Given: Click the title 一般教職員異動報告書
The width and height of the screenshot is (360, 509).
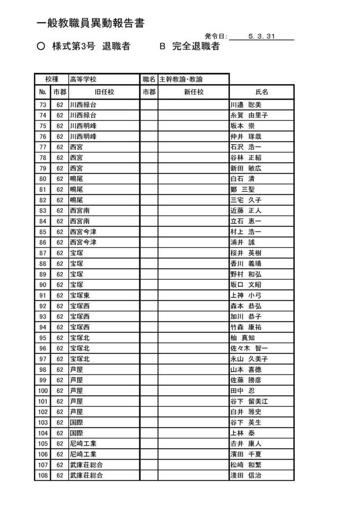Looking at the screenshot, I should [91, 24].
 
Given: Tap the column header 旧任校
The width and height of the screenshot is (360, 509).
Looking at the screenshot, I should [104, 92].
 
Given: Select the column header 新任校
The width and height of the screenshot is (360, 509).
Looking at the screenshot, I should [193, 92].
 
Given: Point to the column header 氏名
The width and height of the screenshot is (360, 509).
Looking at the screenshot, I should [262, 92].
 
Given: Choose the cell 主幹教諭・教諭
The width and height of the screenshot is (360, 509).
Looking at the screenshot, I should [181, 79].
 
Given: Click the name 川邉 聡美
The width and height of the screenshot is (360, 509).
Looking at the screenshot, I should [246, 104].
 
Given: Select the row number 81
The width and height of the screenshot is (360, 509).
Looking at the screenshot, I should [43, 189].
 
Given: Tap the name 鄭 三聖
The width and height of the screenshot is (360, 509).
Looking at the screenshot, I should [243, 189].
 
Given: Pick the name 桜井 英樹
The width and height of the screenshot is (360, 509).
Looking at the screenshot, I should [246, 253].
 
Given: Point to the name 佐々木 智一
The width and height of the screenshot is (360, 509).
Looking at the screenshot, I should [249, 348].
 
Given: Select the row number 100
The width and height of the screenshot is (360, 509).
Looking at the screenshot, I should [43, 390].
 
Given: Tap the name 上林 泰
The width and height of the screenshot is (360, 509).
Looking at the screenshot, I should [242, 433].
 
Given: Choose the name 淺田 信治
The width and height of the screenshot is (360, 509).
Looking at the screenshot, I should [246, 475].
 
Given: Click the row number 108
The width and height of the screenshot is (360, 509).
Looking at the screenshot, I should [43, 475].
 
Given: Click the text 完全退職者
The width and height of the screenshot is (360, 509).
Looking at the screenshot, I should [196, 47].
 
